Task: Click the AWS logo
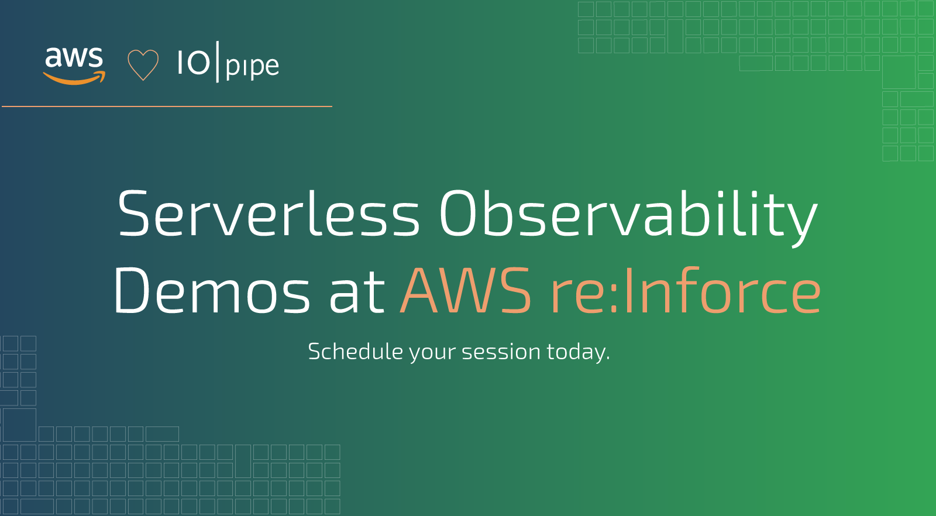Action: pos(74,66)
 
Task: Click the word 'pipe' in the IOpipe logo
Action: pos(252,67)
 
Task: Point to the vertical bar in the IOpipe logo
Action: pos(217,62)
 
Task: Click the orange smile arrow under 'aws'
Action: pos(74,78)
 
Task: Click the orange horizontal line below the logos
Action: pos(167,106)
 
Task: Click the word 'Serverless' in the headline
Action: pos(269,214)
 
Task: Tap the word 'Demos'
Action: pos(211,290)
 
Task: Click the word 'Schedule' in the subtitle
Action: pos(356,351)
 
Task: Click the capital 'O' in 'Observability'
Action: pos(459,214)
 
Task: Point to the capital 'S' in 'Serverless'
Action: pos(133,214)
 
